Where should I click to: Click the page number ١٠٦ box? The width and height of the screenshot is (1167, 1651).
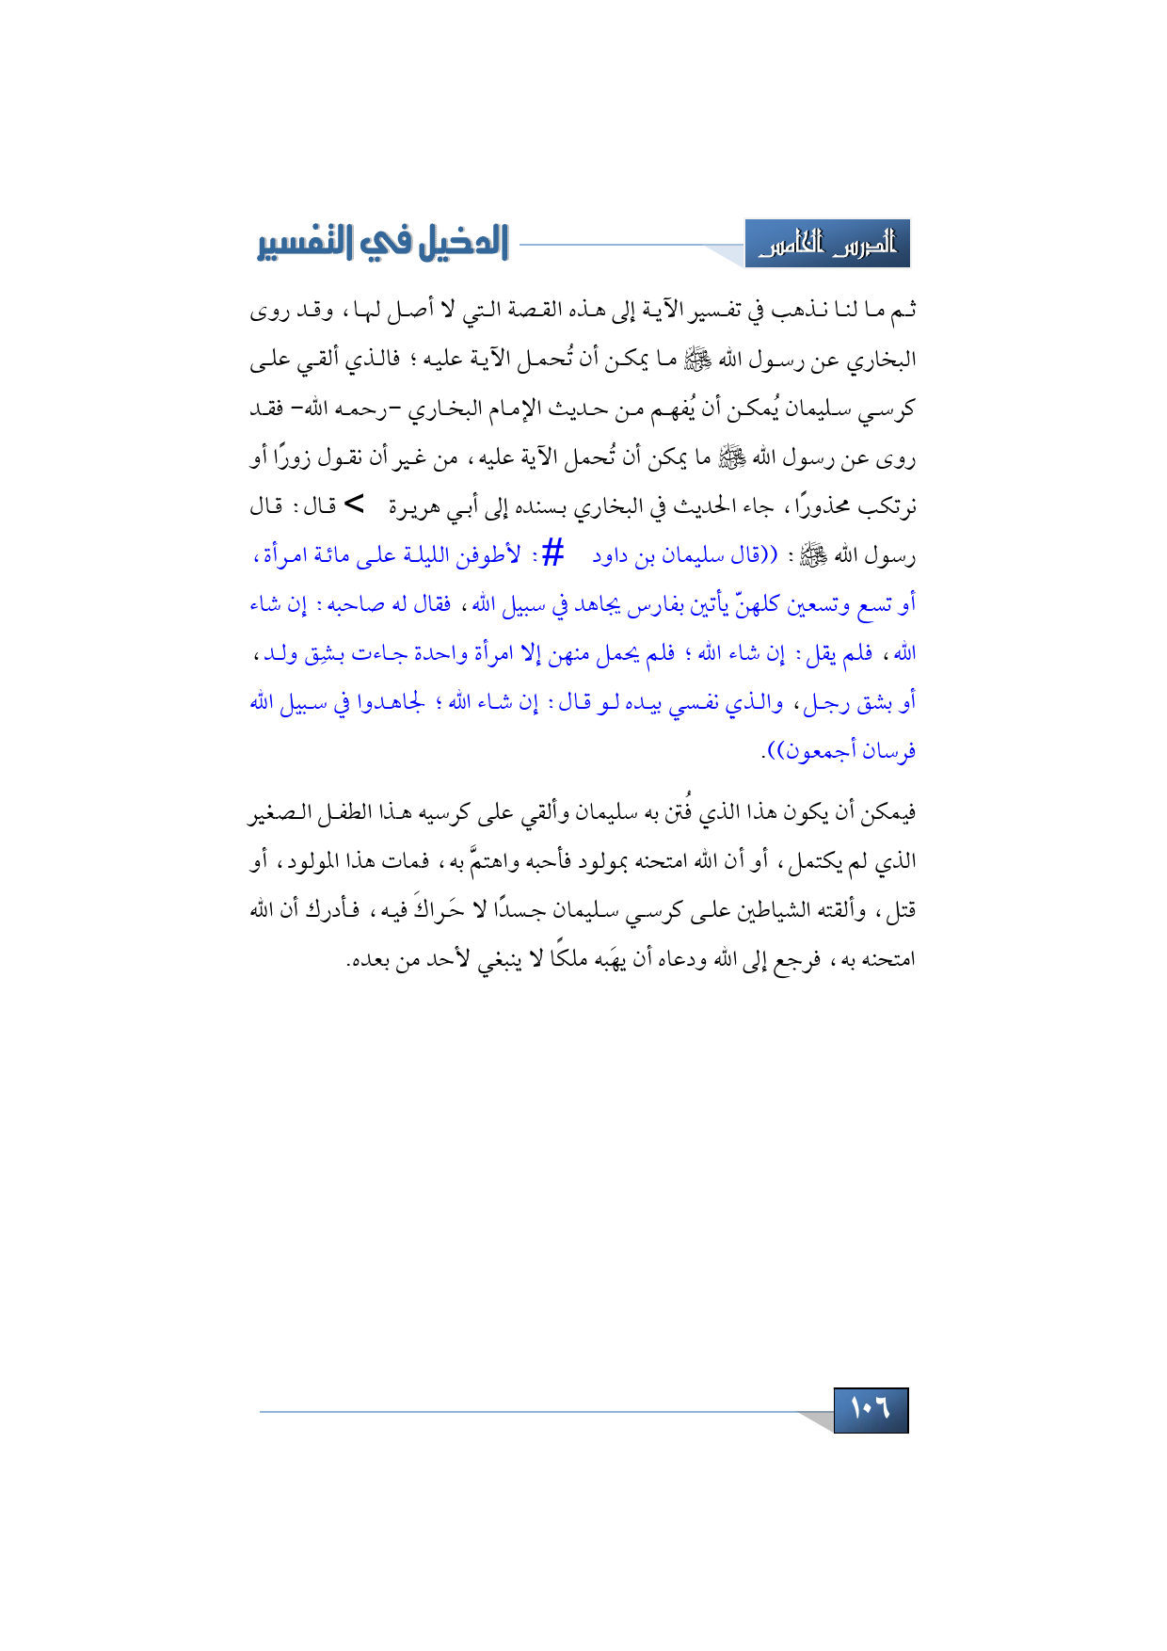point(871,1410)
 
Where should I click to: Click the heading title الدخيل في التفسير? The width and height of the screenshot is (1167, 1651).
point(383,243)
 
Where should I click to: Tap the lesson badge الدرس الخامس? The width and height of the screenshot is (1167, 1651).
point(827,245)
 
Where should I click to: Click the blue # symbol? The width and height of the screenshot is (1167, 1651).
point(553,553)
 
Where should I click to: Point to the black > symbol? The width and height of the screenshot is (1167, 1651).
point(353,505)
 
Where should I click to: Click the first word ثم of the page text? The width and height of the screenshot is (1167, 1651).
point(904,311)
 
